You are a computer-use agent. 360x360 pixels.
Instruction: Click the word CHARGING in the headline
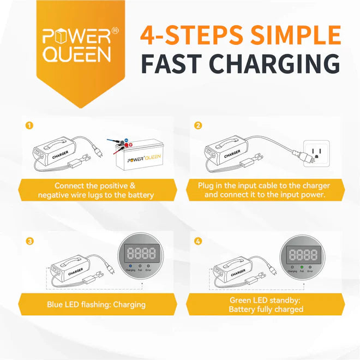pos(263,64)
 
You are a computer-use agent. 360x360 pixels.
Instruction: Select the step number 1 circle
pos(29,125)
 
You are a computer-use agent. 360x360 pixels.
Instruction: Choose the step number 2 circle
pos(198,125)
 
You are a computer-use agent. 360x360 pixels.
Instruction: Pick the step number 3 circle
pos(29,241)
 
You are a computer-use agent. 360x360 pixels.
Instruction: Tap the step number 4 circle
pos(198,241)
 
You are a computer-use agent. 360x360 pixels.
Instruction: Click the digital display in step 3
pos(141,253)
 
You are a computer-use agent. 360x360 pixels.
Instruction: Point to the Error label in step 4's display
pos(310,271)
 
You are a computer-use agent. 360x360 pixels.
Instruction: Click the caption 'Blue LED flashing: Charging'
pos(96,304)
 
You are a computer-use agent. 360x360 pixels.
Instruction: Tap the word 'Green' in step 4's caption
pos(241,299)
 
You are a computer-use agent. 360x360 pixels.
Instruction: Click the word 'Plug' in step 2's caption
pos(207,185)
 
